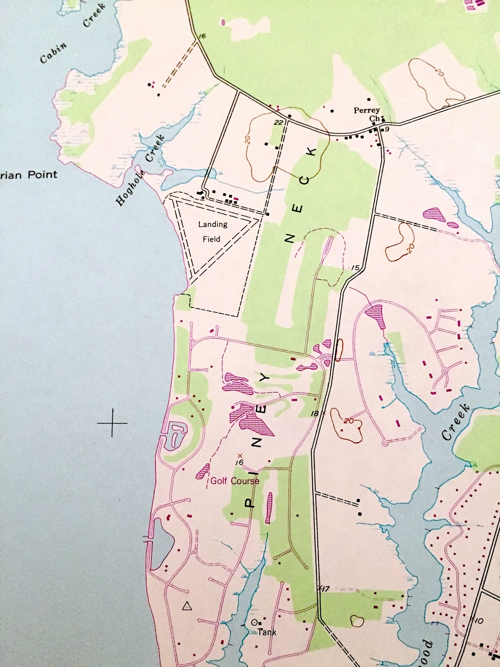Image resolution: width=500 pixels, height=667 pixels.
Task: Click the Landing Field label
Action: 212,232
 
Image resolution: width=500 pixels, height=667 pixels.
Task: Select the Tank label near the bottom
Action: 267,632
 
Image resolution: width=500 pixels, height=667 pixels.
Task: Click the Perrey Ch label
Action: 367,114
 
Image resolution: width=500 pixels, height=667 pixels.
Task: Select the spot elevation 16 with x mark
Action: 240,462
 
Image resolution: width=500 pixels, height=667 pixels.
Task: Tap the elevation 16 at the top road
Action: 202,36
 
